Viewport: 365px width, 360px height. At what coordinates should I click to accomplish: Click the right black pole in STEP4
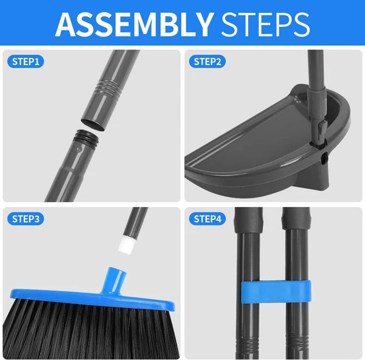tap(296, 317)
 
